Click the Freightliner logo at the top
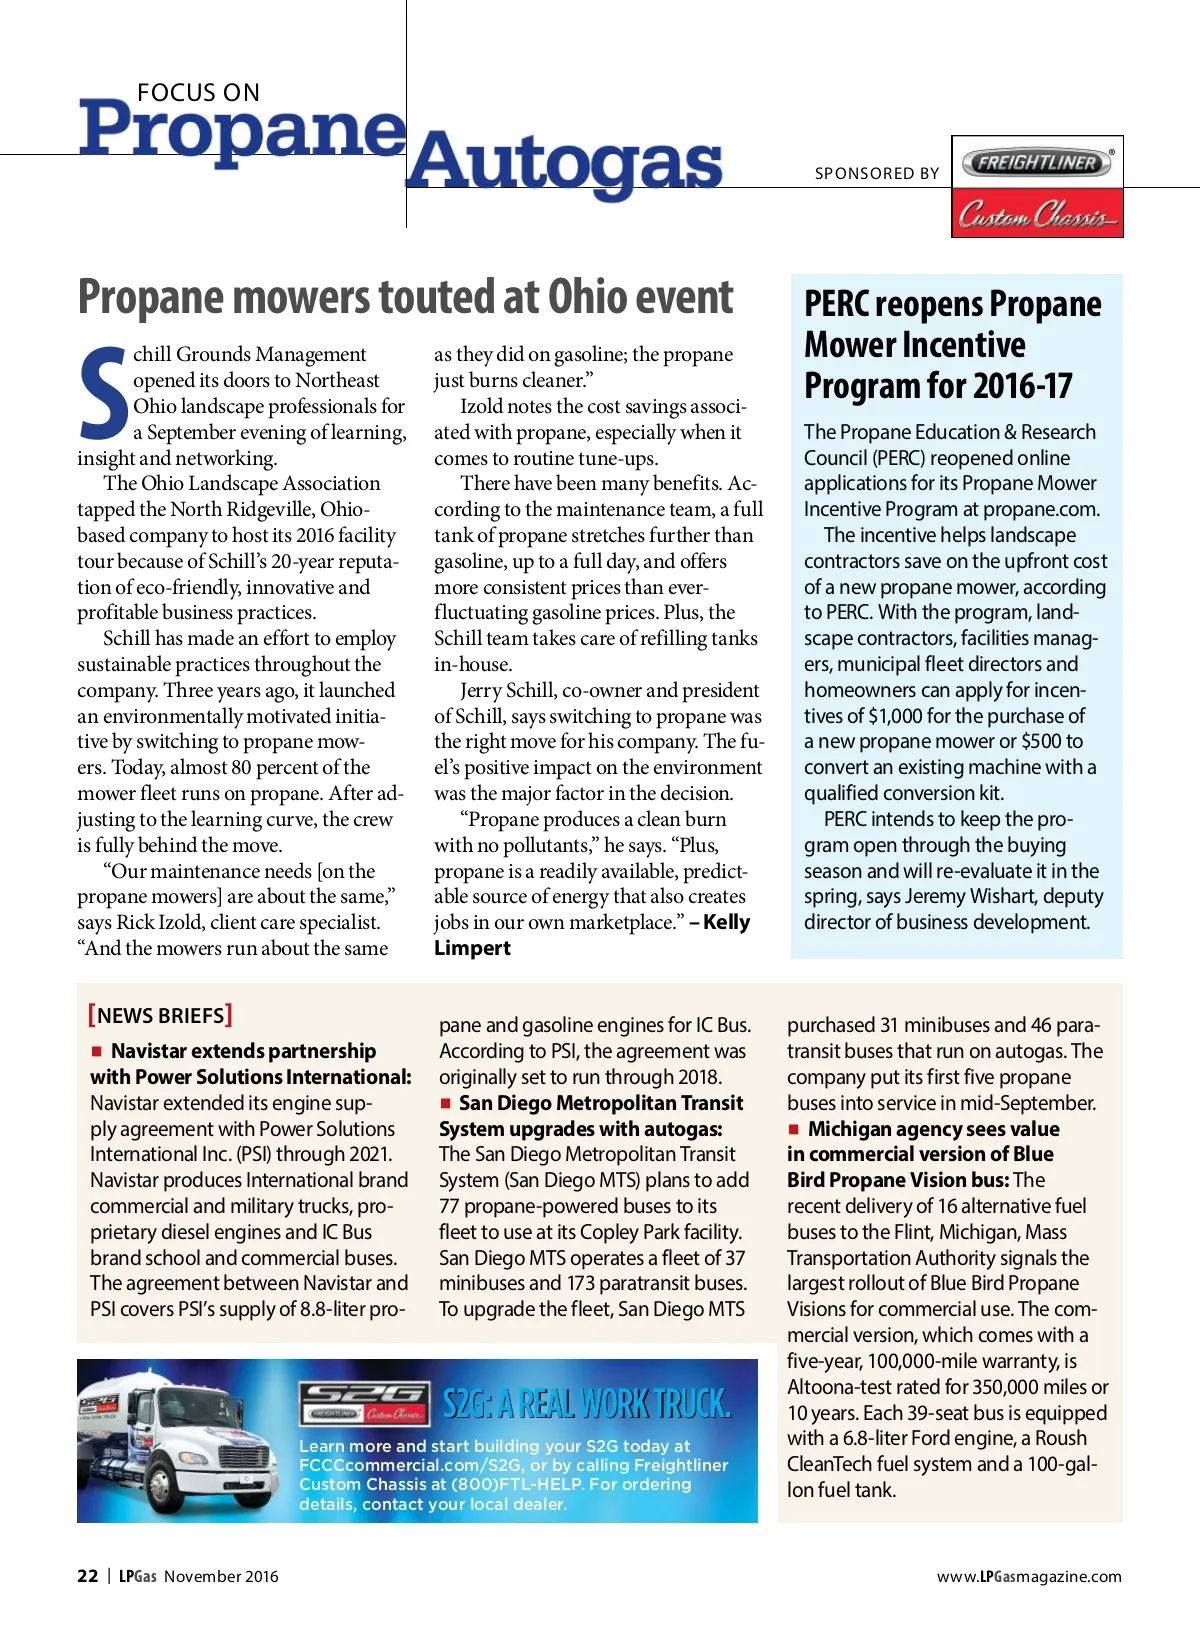point(1037,162)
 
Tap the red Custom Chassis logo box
point(1037,213)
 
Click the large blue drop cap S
point(103,393)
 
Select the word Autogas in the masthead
point(564,163)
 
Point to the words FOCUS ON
point(198,93)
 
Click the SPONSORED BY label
point(877,173)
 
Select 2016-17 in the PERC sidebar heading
point(1022,386)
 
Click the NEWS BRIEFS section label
point(160,1015)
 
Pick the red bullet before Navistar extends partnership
point(97,1051)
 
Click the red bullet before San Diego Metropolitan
point(446,1103)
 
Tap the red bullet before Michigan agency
point(794,1129)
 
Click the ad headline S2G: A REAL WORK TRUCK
point(586,1404)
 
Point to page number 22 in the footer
point(88,1576)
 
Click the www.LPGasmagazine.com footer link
point(1029,1576)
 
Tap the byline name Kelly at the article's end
point(727,922)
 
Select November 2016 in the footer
point(221,1576)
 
